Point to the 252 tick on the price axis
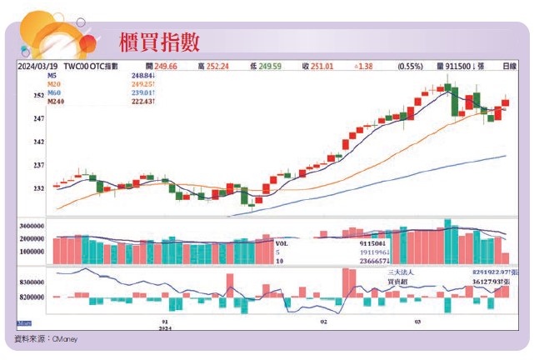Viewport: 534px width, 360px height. coord(38,97)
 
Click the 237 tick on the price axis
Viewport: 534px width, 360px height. coord(38,166)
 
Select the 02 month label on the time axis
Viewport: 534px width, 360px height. coord(323,321)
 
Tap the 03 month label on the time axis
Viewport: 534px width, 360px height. coord(417,321)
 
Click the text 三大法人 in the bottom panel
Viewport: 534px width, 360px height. coord(402,272)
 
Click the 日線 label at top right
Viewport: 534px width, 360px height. coord(507,65)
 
